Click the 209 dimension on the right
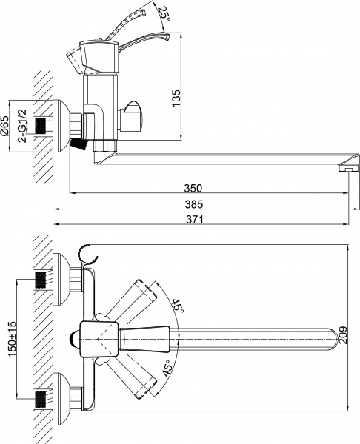[x=342, y=336]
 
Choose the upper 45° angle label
[x=178, y=306]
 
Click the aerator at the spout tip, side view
[x=344, y=169]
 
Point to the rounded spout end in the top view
[x=330, y=337]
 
